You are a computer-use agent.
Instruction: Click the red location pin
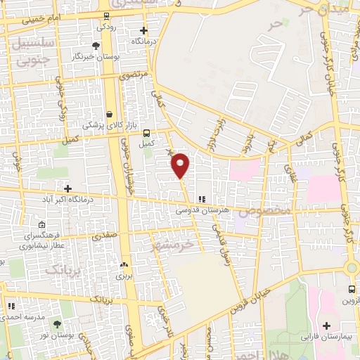[x=181, y=165]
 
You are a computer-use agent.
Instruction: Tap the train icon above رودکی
[x=106, y=17]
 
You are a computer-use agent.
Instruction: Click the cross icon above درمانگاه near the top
[x=144, y=30]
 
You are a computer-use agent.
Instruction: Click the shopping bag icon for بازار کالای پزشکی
[x=109, y=114]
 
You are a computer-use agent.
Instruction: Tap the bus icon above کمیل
[x=146, y=133]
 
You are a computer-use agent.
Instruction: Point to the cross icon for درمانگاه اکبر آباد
[x=68, y=188]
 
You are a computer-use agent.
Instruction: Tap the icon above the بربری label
[x=124, y=265]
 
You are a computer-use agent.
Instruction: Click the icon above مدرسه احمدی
[x=11, y=307]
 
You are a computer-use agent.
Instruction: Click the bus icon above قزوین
[x=352, y=289]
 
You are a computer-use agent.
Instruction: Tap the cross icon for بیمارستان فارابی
[x=327, y=326]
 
